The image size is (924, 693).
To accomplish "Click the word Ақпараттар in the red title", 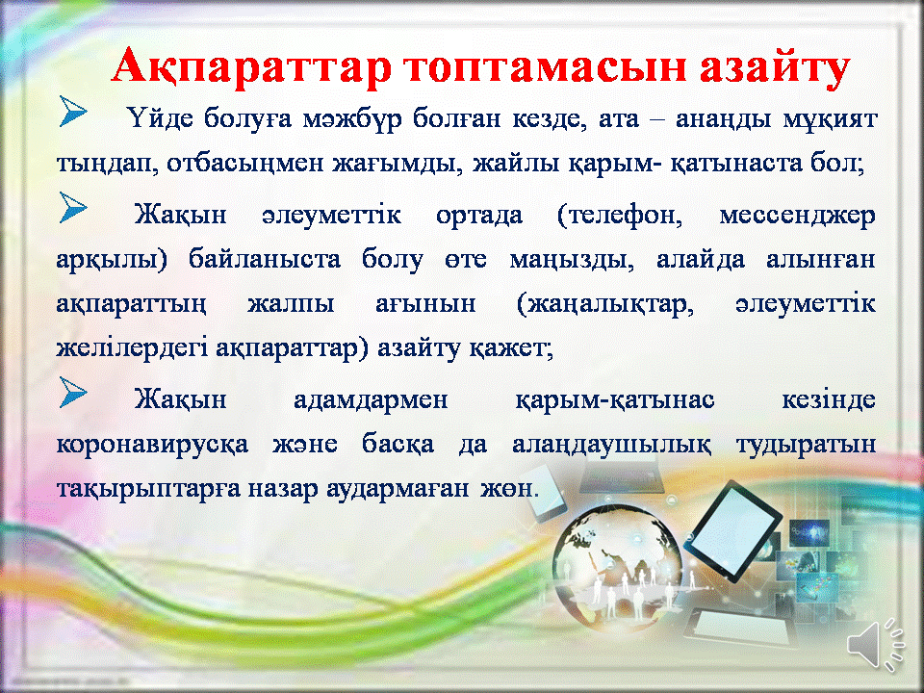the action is click(x=251, y=66).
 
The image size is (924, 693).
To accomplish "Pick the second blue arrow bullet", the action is click(x=72, y=208).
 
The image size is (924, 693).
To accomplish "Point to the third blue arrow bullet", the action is click(x=72, y=393).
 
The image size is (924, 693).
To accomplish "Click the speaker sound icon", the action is click(x=876, y=645).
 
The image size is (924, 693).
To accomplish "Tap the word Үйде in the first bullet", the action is click(x=160, y=118).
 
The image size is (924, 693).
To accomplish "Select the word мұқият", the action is click(x=830, y=119).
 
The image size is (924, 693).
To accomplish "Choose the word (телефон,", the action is click(x=619, y=216).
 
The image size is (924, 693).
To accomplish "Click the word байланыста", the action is click(x=265, y=259).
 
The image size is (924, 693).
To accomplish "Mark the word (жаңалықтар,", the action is click(x=604, y=304).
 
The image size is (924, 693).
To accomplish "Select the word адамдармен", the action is click(x=371, y=400).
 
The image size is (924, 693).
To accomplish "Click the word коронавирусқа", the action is click(x=153, y=445).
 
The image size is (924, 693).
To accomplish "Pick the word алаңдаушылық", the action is click(x=612, y=445).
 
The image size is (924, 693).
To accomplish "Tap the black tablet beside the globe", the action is click(x=732, y=529).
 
